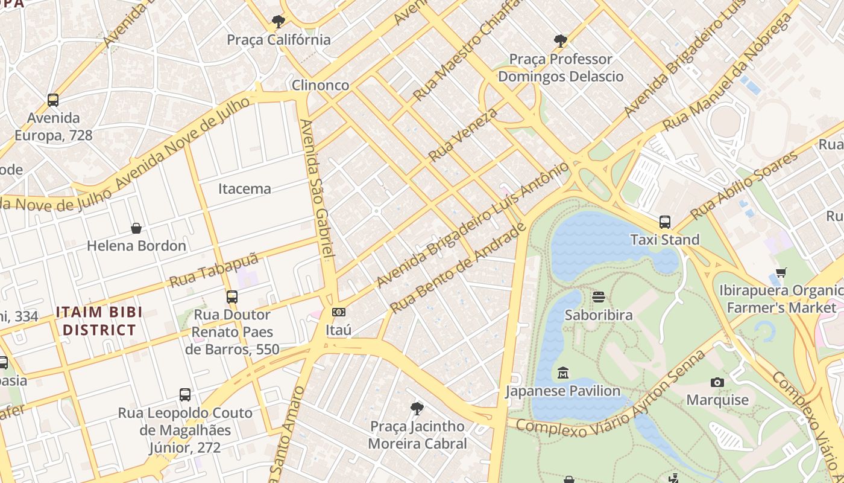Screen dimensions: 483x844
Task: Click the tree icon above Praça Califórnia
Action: (278, 22)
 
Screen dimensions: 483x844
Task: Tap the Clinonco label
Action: (320, 85)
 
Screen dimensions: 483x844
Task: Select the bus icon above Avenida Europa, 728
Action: (53, 100)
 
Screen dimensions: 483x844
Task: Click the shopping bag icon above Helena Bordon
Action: (136, 228)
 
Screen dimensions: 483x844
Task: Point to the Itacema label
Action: (244, 188)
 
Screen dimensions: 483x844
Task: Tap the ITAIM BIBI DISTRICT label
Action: (99, 321)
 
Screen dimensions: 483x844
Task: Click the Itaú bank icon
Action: (338, 312)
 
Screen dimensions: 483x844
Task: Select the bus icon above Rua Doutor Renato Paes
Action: (232, 297)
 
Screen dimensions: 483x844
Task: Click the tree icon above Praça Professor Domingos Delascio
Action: (561, 41)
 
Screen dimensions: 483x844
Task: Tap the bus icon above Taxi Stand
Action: (665, 222)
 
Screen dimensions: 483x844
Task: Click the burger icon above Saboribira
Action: (599, 297)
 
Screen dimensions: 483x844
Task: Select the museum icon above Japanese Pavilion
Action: (563, 373)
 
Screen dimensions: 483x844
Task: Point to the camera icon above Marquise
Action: (717, 382)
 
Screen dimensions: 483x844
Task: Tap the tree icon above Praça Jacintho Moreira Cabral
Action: (417, 409)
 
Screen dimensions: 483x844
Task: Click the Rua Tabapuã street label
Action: (213, 270)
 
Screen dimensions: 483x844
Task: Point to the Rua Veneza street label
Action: (463, 135)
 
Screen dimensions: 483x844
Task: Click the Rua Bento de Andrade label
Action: (458, 269)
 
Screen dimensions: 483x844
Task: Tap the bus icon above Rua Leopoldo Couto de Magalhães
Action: (185, 395)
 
